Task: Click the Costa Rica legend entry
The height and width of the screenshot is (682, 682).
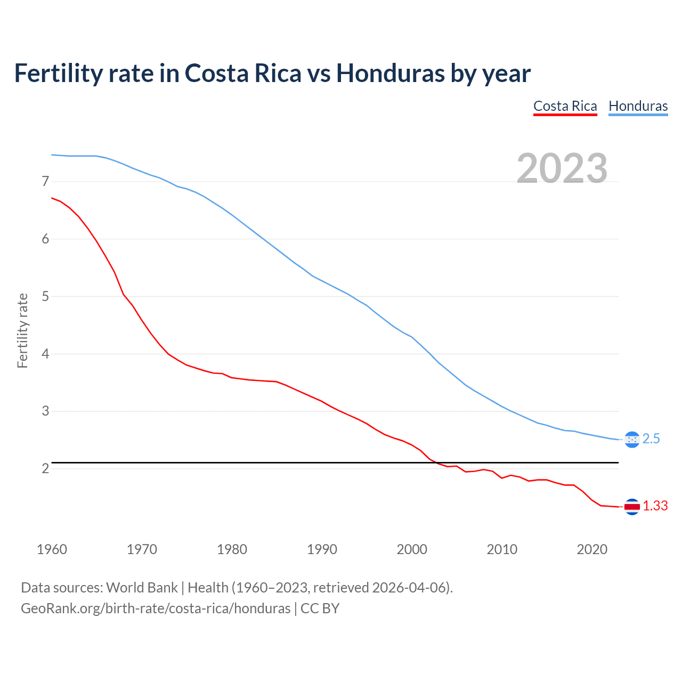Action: [x=565, y=106]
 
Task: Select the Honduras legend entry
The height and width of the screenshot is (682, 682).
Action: [x=638, y=106]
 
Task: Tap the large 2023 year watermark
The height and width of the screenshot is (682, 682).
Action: [x=562, y=168]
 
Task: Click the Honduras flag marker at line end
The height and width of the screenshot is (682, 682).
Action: [x=632, y=440]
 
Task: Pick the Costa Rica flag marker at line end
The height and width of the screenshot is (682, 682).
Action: [x=632, y=507]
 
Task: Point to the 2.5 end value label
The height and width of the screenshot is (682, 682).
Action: [x=651, y=439]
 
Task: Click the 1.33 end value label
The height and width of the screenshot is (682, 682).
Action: [x=655, y=506]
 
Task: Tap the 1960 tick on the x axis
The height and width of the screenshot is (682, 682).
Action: [x=52, y=549]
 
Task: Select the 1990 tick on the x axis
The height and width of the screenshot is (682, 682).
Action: [x=322, y=549]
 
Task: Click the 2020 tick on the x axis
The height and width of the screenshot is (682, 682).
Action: [x=592, y=549]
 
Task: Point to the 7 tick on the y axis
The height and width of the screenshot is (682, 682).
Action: [x=45, y=182]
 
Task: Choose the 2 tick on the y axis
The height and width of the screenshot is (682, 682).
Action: [x=45, y=469]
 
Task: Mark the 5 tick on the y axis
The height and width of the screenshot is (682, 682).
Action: [x=45, y=296]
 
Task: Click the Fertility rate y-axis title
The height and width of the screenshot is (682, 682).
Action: [x=22, y=330]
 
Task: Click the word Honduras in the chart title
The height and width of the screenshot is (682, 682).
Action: [x=390, y=73]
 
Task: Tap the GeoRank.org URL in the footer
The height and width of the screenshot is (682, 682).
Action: [x=156, y=608]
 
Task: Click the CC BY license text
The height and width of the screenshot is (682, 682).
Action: [x=320, y=608]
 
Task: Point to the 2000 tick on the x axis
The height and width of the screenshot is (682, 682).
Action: [x=412, y=549]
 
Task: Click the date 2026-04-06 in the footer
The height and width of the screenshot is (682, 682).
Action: [x=408, y=588]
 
